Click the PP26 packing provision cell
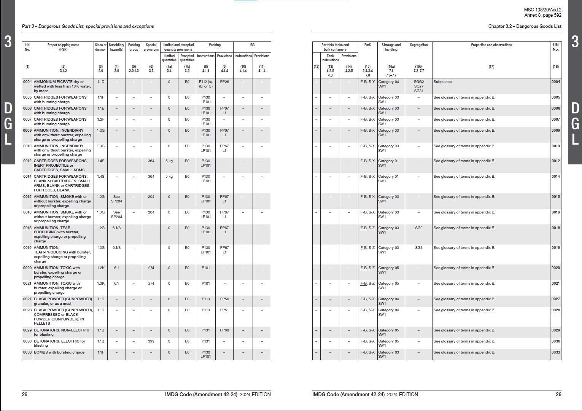224,82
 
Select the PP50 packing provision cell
224,299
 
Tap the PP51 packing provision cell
224,310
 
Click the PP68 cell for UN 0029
224,330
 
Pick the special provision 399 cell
151,341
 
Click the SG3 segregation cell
418,248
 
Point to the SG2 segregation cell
418,228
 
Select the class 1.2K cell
100,268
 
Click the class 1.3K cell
100,284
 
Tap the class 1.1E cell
100,108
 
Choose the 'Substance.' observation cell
443,82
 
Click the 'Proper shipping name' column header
63,47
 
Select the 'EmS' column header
367,45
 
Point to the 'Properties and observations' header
491,45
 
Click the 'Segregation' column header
418,45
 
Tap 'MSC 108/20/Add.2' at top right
542,10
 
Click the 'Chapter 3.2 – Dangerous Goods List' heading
525,26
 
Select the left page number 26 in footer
25,394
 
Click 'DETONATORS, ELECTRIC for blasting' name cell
59,343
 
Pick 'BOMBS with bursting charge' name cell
59,352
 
